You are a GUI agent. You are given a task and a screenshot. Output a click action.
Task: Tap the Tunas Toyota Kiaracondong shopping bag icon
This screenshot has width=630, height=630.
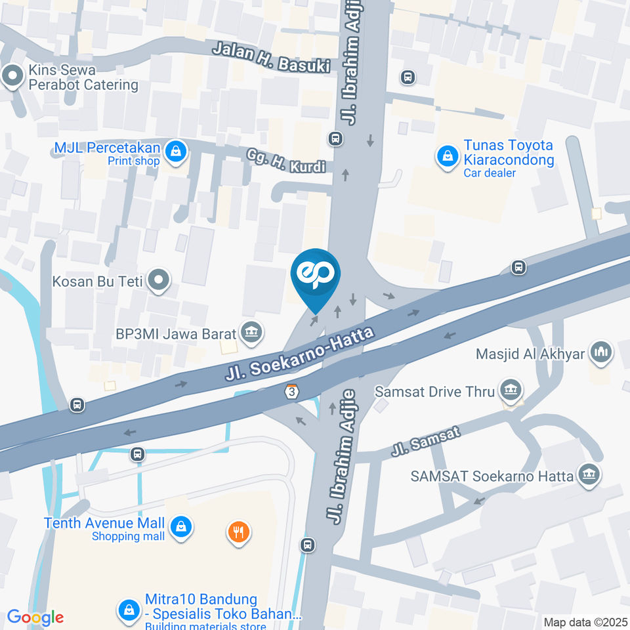click(x=447, y=156)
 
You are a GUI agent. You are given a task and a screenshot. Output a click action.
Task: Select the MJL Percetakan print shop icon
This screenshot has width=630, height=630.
click(x=175, y=152)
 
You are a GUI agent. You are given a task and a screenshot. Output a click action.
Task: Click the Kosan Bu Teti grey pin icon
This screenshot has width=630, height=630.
click(x=158, y=282)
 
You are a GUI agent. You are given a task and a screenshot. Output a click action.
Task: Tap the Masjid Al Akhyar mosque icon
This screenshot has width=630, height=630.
click(x=600, y=353)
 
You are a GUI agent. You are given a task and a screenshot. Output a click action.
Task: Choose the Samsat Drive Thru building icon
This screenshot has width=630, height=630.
click(x=509, y=391)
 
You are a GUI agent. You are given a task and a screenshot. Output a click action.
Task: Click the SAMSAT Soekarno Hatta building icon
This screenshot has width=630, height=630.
click(x=589, y=475)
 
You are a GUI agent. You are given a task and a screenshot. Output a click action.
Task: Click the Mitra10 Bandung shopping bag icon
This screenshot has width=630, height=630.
click(x=128, y=610)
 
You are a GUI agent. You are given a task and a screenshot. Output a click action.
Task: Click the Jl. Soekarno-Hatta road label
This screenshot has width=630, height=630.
click(x=299, y=354)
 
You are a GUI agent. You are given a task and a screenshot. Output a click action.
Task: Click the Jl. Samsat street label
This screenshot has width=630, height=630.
click(x=427, y=442)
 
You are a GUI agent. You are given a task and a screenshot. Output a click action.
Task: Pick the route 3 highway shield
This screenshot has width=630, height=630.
click(x=291, y=390)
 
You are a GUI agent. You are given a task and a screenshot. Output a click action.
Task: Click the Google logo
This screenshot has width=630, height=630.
click(x=35, y=617)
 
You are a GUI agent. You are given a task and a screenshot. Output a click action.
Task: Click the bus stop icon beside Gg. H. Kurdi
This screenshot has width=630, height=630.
click(x=335, y=138)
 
